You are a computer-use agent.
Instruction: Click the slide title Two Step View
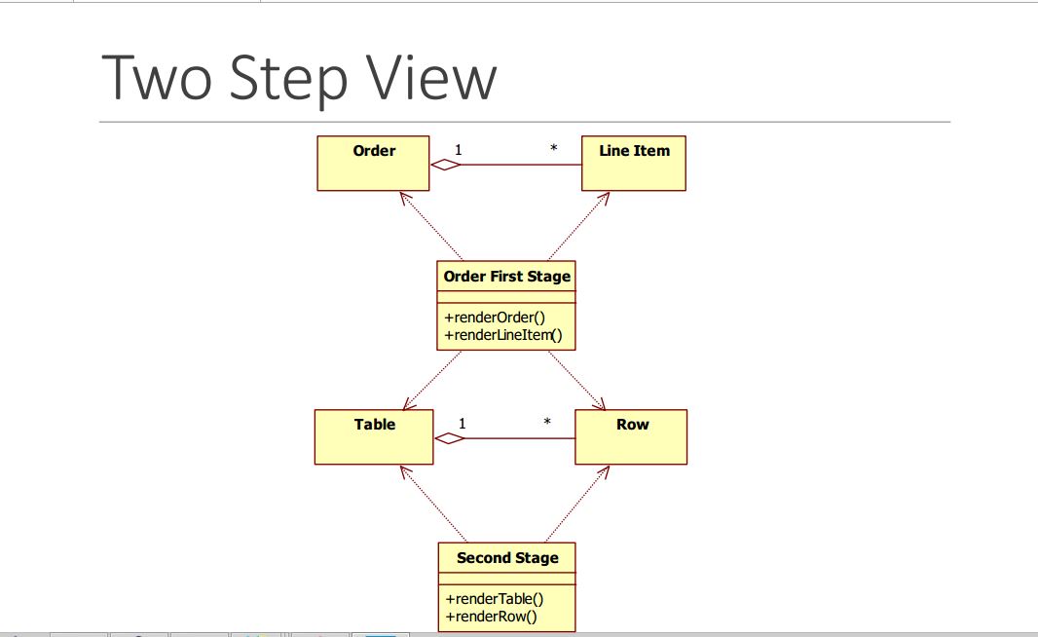click(x=299, y=78)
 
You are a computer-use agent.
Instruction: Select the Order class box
click(x=373, y=164)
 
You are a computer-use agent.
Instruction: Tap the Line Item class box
click(x=634, y=164)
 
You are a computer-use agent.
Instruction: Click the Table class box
click(x=374, y=437)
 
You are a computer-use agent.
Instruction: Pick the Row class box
click(x=631, y=437)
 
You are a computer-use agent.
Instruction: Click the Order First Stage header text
click(x=507, y=276)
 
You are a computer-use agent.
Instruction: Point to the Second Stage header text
click(x=507, y=557)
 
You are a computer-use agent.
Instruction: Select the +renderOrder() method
click(x=495, y=318)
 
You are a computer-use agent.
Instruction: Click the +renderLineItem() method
click(x=503, y=335)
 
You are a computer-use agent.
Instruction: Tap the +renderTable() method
click(x=495, y=599)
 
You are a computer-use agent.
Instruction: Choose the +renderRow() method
click(x=491, y=617)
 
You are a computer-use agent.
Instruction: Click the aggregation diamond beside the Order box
click(x=446, y=165)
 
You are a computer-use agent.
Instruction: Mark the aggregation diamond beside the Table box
click(x=450, y=438)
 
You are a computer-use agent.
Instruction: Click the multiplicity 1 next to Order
click(x=458, y=150)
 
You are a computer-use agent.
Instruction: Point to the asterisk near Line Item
click(x=553, y=148)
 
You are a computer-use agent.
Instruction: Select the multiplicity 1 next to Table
click(x=463, y=424)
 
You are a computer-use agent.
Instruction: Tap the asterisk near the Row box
click(x=547, y=422)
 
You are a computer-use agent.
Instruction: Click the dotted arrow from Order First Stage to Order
click(x=431, y=227)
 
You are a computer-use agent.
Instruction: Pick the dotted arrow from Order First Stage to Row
click(x=576, y=380)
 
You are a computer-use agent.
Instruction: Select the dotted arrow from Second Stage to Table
click(x=433, y=504)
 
